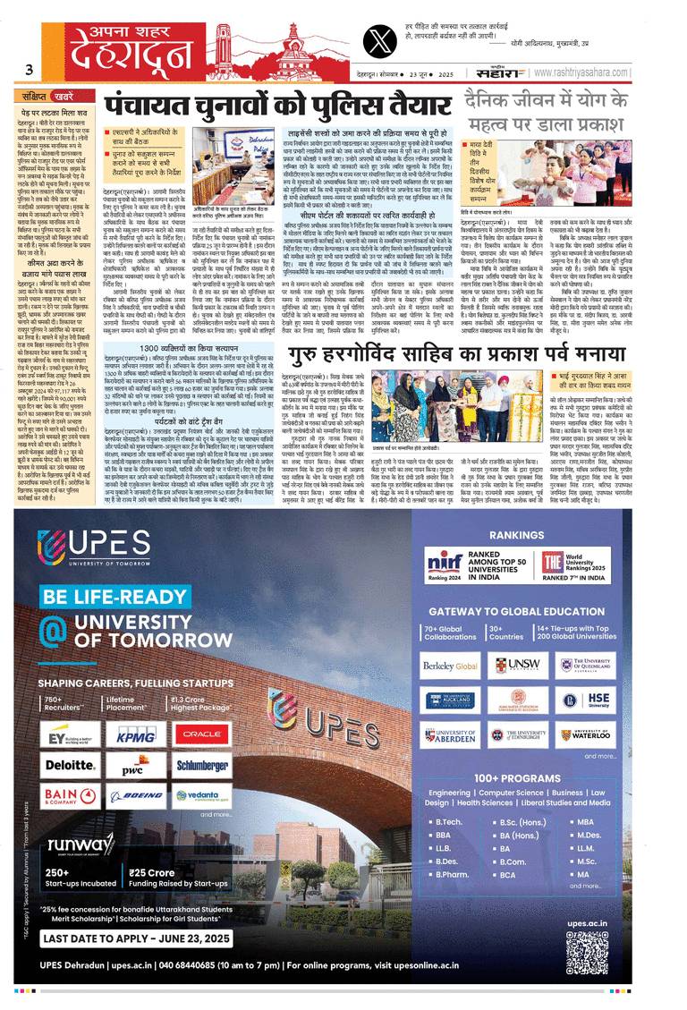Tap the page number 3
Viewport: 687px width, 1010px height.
pos(30,70)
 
